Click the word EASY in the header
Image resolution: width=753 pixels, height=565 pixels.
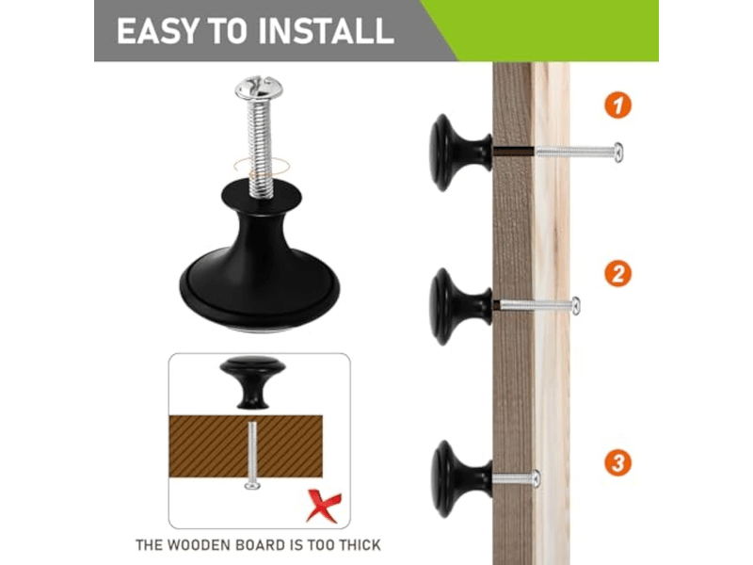(x=157, y=32)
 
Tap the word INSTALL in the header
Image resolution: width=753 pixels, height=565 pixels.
(x=326, y=32)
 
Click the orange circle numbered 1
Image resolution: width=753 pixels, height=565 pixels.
(x=617, y=105)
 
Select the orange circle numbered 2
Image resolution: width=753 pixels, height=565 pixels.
(x=617, y=274)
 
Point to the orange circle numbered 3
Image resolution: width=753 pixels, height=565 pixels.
(x=617, y=462)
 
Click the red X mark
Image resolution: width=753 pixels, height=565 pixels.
(x=324, y=506)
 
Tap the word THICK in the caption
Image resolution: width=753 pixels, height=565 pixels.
(x=360, y=545)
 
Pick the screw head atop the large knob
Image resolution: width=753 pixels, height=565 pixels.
(x=259, y=88)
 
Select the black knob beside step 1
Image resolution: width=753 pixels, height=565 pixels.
(x=460, y=153)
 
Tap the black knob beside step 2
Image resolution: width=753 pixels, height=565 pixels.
(x=460, y=307)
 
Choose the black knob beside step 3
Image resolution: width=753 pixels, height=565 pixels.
(x=461, y=479)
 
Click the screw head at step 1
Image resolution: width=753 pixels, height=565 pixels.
(x=618, y=153)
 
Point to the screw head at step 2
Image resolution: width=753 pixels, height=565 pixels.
(x=575, y=306)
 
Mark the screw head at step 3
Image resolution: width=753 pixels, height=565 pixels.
(x=536, y=479)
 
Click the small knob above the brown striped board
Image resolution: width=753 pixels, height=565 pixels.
(x=252, y=382)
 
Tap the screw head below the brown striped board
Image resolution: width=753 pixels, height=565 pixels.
(x=252, y=486)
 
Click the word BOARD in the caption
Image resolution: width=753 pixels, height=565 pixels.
(x=261, y=545)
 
